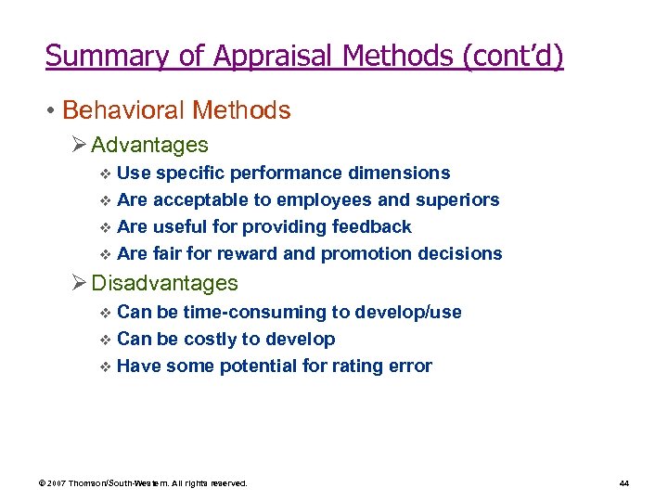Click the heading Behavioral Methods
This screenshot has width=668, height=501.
pyautogui.click(x=176, y=110)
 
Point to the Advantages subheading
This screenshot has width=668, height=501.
pyautogui.click(x=149, y=145)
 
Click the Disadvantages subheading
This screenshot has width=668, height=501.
pyautogui.click(x=164, y=283)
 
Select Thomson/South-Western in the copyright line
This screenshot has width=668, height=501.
pyautogui.click(x=126, y=483)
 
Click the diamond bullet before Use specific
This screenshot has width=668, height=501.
pyautogui.click(x=104, y=173)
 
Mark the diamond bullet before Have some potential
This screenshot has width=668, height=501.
pyautogui.click(x=104, y=366)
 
